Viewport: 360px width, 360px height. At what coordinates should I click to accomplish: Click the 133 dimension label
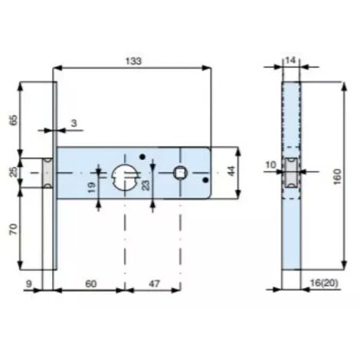[x=133, y=61]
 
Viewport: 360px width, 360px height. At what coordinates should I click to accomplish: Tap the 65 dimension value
[x=14, y=120]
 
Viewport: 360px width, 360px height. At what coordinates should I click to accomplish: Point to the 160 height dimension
[x=337, y=176]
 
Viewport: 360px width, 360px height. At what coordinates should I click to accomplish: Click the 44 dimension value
[x=231, y=171]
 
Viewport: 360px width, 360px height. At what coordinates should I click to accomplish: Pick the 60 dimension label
[x=91, y=283]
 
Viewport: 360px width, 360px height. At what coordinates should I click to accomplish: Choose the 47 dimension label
[x=154, y=283]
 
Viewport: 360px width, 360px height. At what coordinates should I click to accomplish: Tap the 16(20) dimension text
[x=324, y=283]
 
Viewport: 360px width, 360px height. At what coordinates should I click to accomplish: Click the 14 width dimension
[x=290, y=61]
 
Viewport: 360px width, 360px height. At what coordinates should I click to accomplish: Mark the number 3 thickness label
[x=74, y=123]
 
